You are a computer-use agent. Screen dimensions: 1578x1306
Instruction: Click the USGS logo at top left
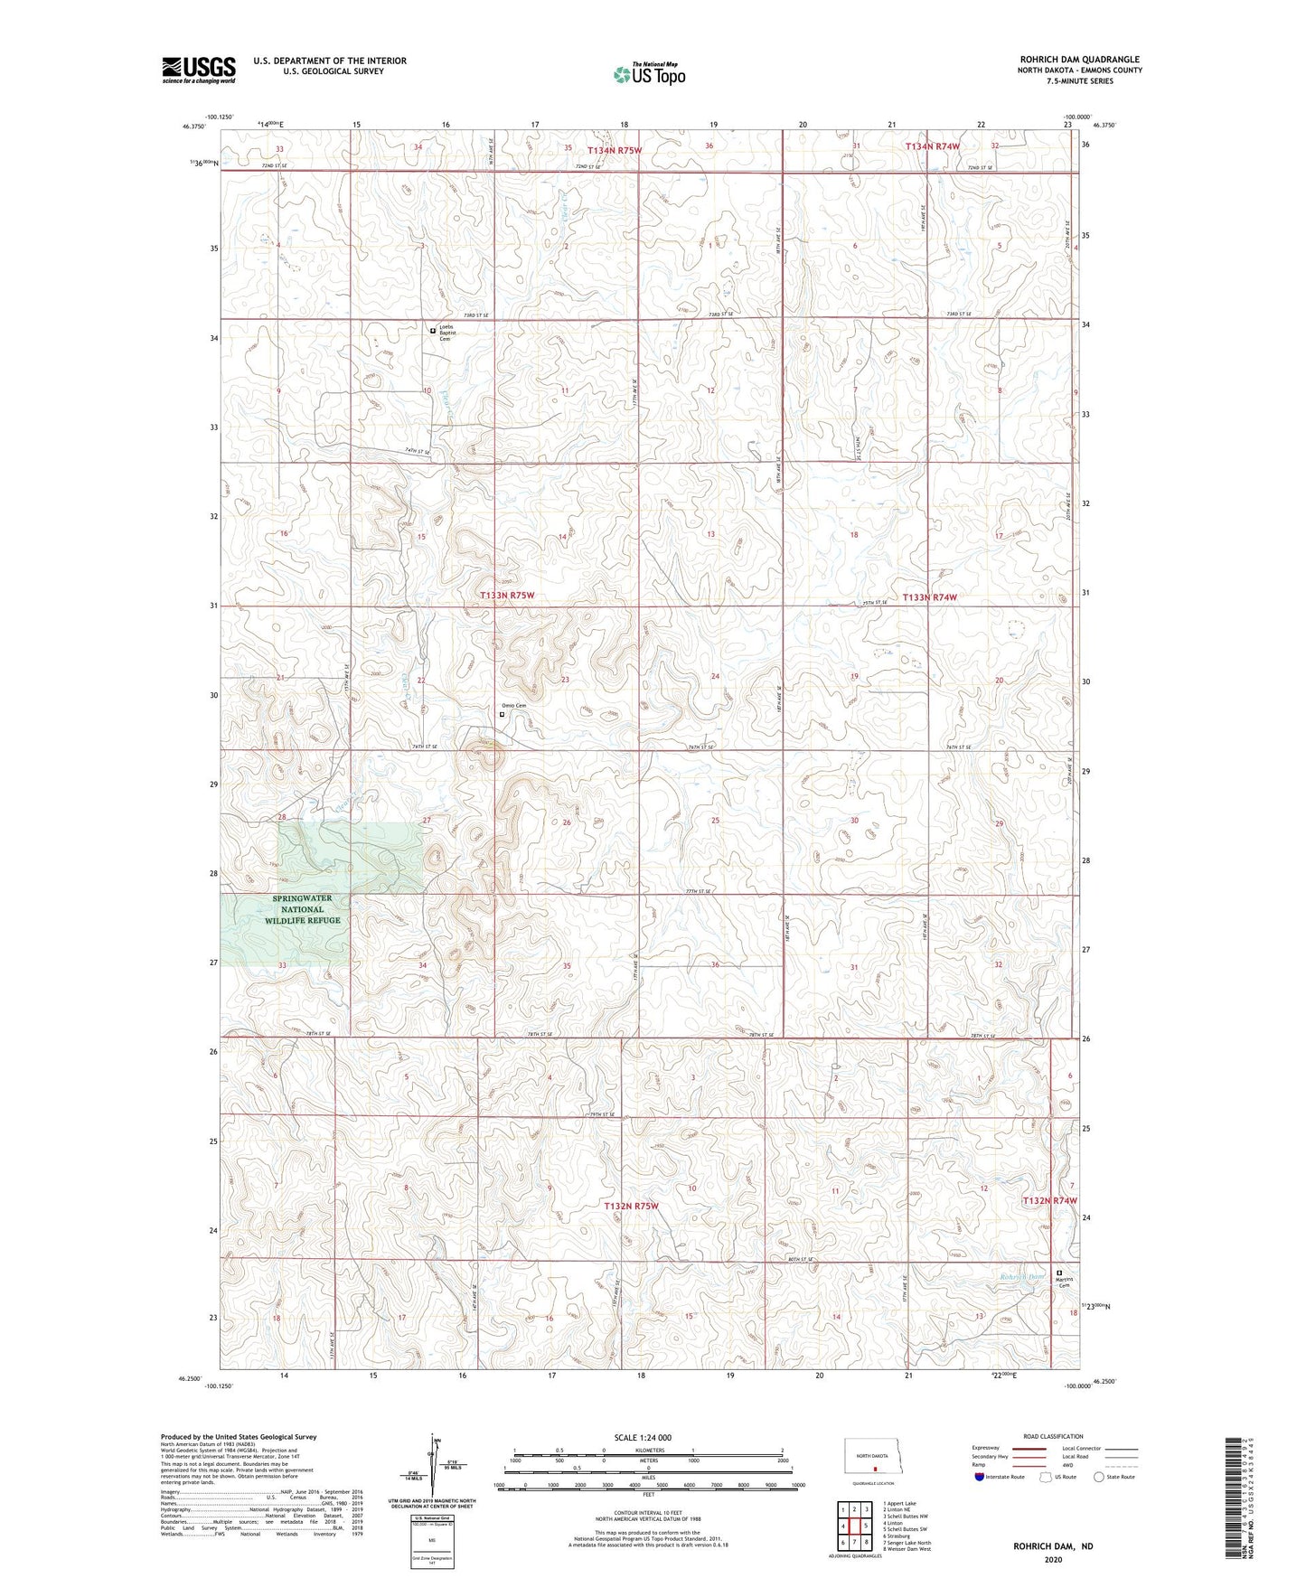[199, 70]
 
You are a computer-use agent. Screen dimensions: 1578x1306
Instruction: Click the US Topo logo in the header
[648, 74]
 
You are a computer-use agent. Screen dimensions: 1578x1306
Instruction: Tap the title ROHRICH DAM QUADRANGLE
[1079, 60]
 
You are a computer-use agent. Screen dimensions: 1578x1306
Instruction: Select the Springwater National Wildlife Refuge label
[302, 909]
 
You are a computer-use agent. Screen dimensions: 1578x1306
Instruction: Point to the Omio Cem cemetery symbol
[503, 714]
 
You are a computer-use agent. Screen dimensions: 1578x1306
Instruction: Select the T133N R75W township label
[507, 596]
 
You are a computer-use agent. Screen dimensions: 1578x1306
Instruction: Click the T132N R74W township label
[1049, 1200]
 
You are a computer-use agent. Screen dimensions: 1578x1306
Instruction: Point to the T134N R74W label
[932, 146]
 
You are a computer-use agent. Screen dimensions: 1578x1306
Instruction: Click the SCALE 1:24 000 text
[643, 1437]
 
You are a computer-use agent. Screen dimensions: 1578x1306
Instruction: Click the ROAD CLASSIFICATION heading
[1052, 1436]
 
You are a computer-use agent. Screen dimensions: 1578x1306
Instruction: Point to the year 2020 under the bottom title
[1052, 1559]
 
